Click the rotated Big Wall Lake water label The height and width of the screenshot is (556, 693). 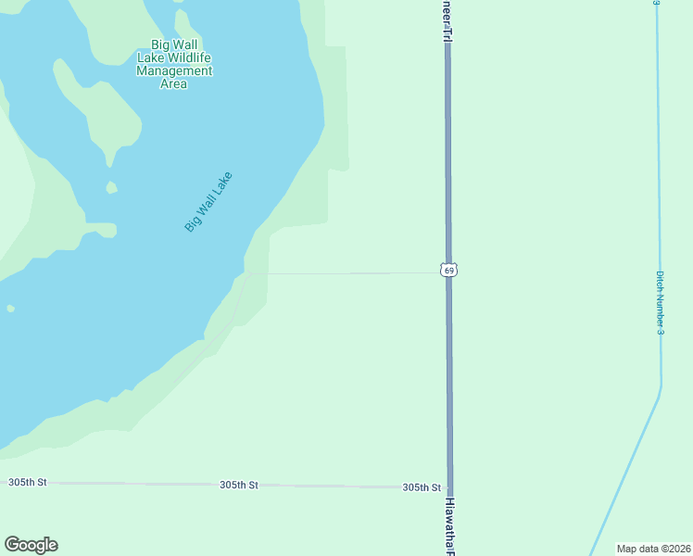coord(208,201)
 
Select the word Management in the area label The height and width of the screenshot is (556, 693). coord(174,70)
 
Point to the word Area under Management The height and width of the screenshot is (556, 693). coord(173,84)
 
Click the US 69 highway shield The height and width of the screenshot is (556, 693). coord(448,271)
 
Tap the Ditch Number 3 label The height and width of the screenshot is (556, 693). coord(660,302)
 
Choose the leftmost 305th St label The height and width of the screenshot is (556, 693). coord(27,483)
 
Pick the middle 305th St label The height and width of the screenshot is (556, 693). coord(238,485)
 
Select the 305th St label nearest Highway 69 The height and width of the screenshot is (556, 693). coord(421,487)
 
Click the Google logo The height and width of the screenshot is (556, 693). coord(31,545)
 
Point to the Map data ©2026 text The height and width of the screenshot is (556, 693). coord(652,549)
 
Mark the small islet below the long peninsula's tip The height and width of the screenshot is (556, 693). coord(112,187)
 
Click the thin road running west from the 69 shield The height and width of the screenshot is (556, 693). coord(352,273)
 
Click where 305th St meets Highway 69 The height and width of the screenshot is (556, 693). coord(449,487)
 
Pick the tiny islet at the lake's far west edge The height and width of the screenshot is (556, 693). coord(10,309)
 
